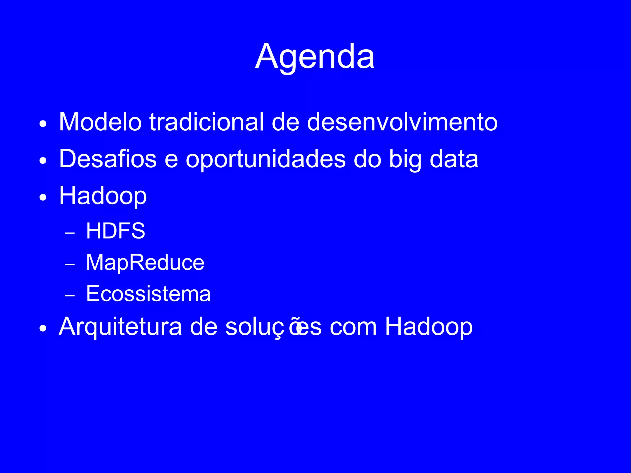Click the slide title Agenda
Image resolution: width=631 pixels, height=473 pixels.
click(315, 57)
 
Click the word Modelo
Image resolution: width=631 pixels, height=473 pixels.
click(100, 122)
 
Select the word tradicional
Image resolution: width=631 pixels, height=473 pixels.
click(207, 122)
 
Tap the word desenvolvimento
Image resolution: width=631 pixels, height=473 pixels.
click(402, 122)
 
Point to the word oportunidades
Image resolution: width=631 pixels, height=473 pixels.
click(266, 160)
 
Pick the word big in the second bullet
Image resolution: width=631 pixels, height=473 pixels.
click(405, 160)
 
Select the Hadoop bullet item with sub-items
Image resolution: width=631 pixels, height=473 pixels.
click(103, 196)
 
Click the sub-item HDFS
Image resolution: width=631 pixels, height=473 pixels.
click(116, 231)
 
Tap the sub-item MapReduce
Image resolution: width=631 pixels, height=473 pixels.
click(145, 263)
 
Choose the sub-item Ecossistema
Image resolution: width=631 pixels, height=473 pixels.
click(148, 294)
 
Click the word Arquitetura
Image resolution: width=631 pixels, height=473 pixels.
click(120, 327)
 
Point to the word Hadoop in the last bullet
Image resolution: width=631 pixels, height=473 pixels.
click(429, 327)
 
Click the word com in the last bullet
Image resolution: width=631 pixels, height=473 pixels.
click(353, 327)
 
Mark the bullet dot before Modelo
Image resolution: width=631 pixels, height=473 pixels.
click(43, 124)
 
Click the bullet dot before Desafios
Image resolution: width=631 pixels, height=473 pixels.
click(43, 161)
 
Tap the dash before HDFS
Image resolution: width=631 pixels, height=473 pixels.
click(70, 233)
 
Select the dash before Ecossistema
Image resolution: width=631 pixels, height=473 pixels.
click(70, 296)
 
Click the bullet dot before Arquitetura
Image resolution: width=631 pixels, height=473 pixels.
click(43, 329)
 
